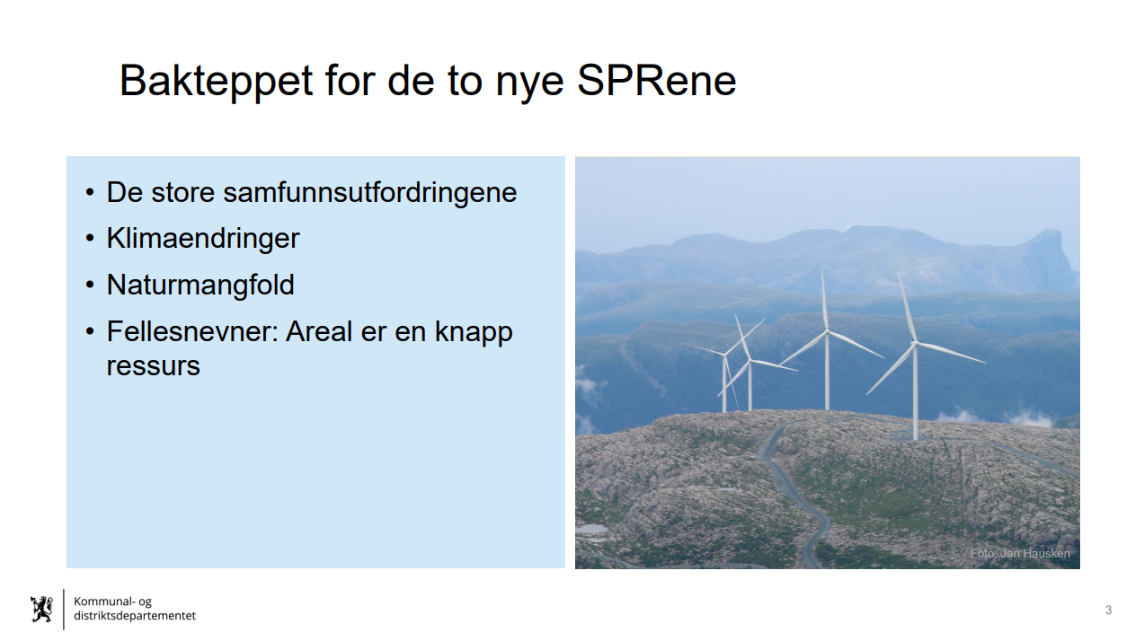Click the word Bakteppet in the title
[x=217, y=81]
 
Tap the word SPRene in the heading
[x=657, y=80]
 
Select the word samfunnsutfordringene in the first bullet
[x=370, y=193]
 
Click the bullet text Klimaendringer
[x=203, y=239]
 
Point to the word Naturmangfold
[x=200, y=285]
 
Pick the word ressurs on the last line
[x=154, y=366]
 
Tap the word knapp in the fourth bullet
[x=474, y=333]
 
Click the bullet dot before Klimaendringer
[x=90, y=238]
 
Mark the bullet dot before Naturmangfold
[x=90, y=285]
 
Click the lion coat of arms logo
[x=41, y=609]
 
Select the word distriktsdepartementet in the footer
[x=135, y=616]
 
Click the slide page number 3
[x=1109, y=610]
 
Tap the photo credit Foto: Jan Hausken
[x=1020, y=553]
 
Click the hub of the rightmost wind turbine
[x=915, y=344]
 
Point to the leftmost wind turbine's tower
[x=724, y=382]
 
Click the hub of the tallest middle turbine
[x=827, y=332]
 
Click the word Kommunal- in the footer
[x=104, y=601]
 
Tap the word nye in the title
[x=529, y=85]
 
